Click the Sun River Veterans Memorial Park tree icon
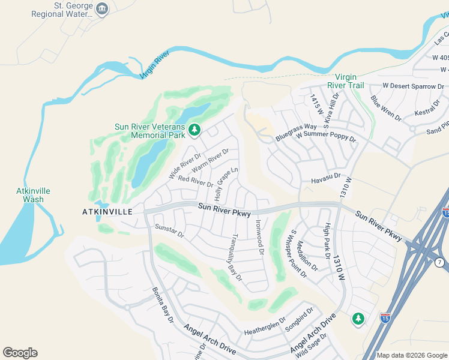tap(194, 129)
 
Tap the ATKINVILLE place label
tap(106, 212)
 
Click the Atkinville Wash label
tap(33, 195)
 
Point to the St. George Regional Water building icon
tap(102, 8)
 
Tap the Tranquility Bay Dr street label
tap(234, 257)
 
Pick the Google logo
tap(20, 353)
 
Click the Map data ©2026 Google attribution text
tap(412, 355)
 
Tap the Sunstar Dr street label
tap(169, 230)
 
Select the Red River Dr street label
tap(195, 181)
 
